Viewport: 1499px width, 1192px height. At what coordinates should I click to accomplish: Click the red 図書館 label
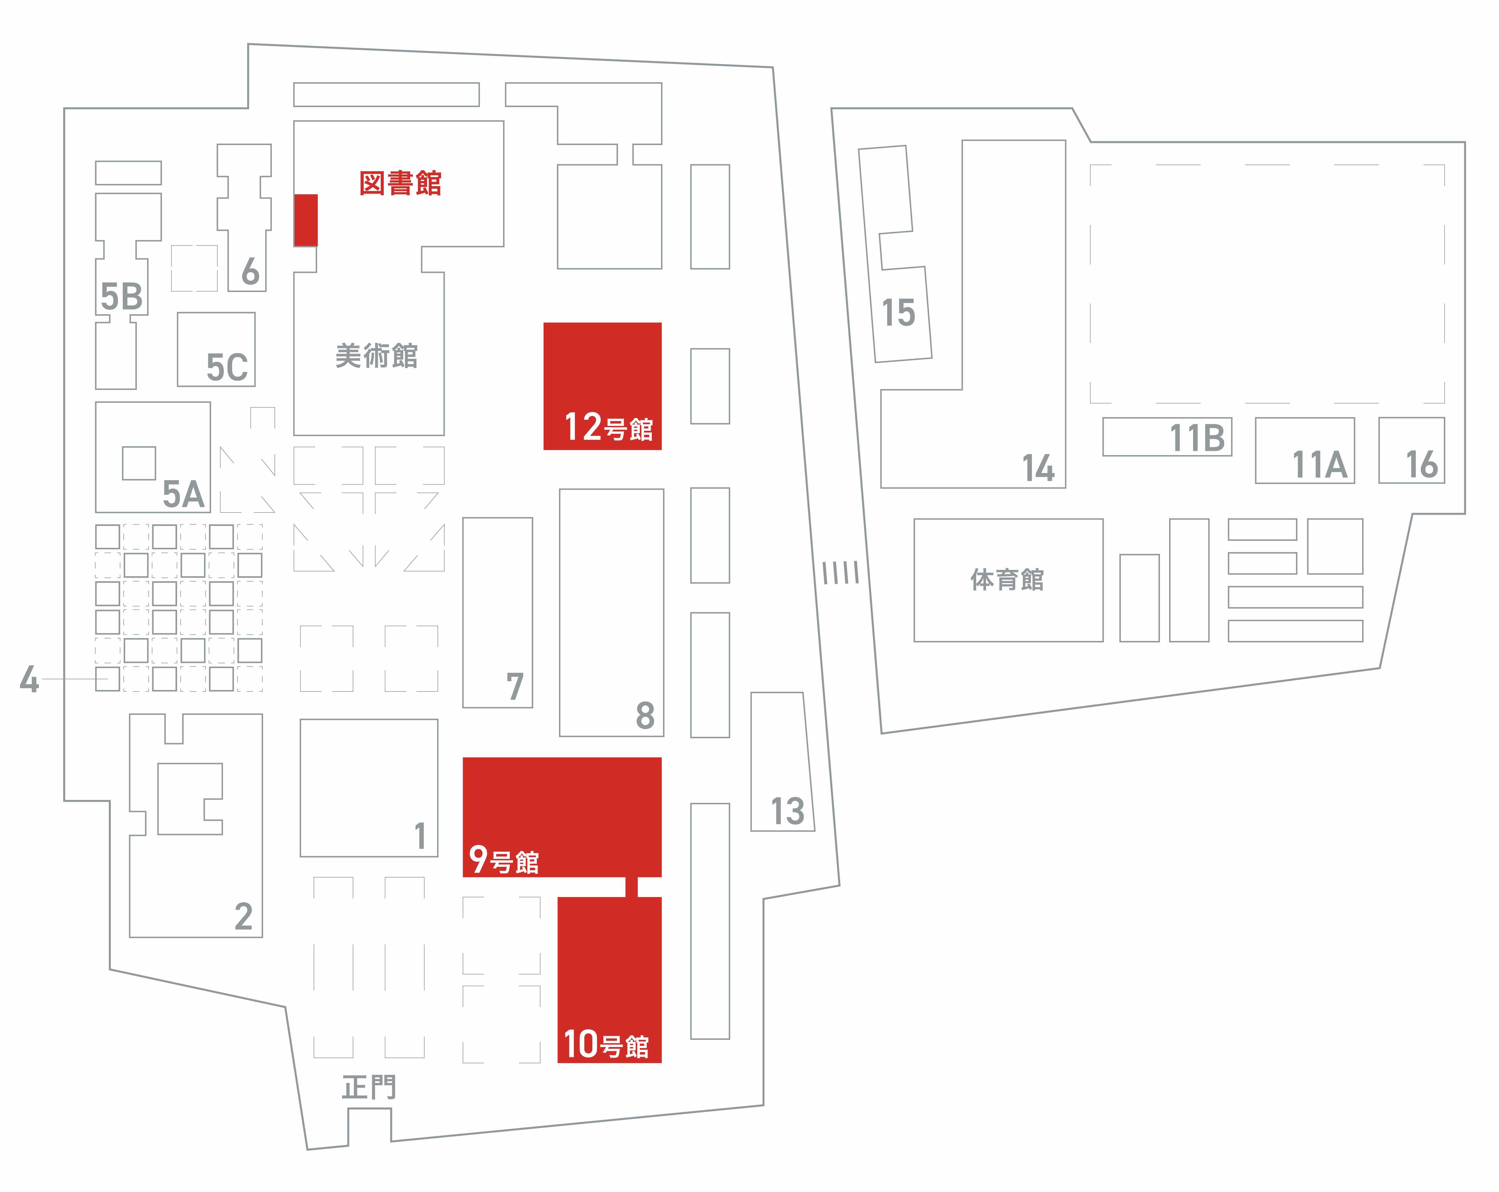click(400, 184)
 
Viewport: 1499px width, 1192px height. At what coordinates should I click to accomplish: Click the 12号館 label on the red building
click(608, 427)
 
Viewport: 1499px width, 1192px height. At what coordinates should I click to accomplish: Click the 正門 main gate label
click(369, 1087)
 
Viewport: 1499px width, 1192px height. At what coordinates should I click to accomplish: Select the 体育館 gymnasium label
click(1007, 579)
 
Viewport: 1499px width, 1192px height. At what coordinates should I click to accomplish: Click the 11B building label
click(1197, 438)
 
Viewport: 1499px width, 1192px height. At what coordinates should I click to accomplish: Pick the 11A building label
click(1319, 464)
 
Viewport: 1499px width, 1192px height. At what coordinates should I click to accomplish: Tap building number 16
click(1421, 464)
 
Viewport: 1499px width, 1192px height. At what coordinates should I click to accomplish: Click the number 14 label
click(1038, 468)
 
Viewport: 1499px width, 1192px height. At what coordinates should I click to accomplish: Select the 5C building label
click(227, 367)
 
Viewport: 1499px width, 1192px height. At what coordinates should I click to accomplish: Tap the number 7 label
click(514, 687)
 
